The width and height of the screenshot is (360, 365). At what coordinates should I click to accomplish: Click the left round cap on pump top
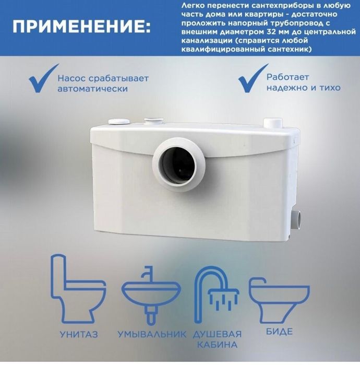click(x=119, y=121)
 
